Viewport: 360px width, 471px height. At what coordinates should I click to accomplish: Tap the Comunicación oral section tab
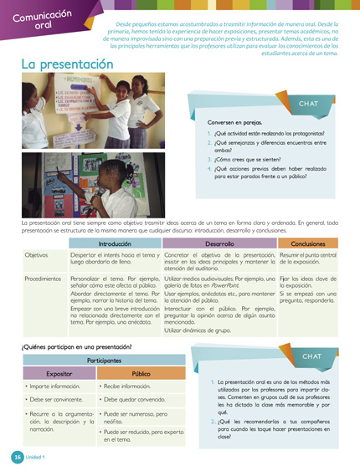[32, 19]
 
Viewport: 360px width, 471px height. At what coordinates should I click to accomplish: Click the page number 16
[16, 457]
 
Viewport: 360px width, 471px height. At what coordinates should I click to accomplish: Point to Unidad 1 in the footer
[34, 457]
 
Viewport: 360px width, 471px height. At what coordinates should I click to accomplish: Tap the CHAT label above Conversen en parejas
[308, 103]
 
